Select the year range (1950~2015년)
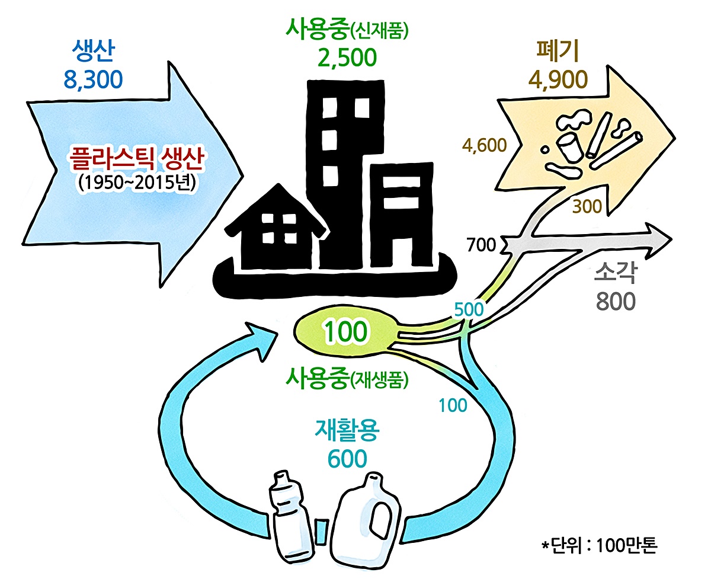[x=136, y=181]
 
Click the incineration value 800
[x=616, y=301]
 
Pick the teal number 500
[x=469, y=309]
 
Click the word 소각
[x=616, y=274]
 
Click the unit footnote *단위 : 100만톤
[x=600, y=544]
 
